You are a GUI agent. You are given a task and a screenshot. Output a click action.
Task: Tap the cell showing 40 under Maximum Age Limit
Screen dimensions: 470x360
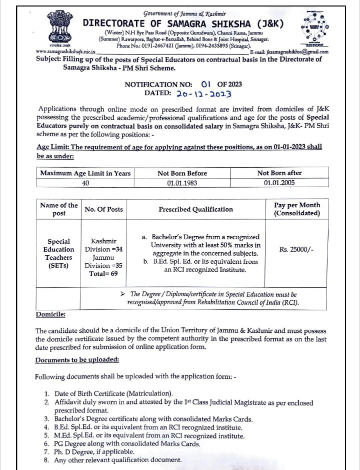point(85,183)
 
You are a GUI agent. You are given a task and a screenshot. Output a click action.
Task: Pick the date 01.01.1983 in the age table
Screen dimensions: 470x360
point(182,183)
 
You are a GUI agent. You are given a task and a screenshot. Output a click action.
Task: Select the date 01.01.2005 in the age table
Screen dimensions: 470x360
point(279,183)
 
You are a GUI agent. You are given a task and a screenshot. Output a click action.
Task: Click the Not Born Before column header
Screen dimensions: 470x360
point(182,173)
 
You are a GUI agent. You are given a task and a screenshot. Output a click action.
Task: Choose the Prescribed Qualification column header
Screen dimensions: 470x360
point(195,209)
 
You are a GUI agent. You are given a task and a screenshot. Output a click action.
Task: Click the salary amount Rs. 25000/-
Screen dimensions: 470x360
point(296,250)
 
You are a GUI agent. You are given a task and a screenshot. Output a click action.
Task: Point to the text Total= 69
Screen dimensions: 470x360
point(103,274)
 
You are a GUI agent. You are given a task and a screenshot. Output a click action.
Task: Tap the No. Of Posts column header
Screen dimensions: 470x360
point(103,209)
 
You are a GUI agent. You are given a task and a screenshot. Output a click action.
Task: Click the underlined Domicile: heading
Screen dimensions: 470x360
point(50,314)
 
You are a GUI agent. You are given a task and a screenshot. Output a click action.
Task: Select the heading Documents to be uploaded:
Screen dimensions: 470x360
point(77,360)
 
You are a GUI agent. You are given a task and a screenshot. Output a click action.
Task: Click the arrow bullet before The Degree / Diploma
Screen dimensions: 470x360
point(124,294)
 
